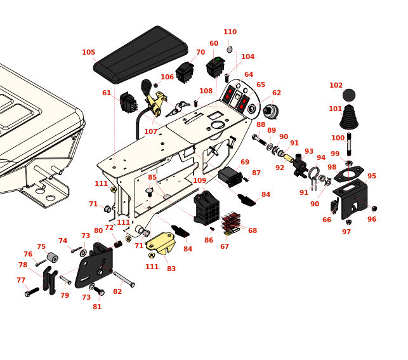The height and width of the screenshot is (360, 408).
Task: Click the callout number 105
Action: click(88, 53)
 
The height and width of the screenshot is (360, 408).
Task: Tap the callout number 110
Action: click(230, 32)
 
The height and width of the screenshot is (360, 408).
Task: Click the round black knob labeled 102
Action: click(349, 95)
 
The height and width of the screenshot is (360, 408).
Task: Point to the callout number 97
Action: click(346, 232)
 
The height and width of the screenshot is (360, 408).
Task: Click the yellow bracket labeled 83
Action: click(161, 243)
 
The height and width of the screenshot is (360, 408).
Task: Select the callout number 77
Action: click(21, 280)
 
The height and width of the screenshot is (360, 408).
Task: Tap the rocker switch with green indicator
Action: click(215, 66)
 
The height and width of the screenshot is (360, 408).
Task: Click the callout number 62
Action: click(277, 93)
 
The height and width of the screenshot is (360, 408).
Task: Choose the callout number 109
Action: click(200, 181)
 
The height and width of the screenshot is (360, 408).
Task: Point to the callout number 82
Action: click(117, 291)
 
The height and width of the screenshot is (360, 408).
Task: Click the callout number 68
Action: click(253, 230)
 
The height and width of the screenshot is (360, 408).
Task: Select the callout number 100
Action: click(338, 138)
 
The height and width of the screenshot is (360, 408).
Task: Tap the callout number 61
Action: click(107, 93)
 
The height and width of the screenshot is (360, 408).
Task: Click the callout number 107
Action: click(150, 132)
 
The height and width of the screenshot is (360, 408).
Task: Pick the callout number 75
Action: click(41, 247)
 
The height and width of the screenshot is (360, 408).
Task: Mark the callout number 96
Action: click(372, 220)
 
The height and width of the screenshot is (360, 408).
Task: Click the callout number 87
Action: click(256, 173)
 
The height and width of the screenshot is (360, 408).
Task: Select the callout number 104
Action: click(247, 57)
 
